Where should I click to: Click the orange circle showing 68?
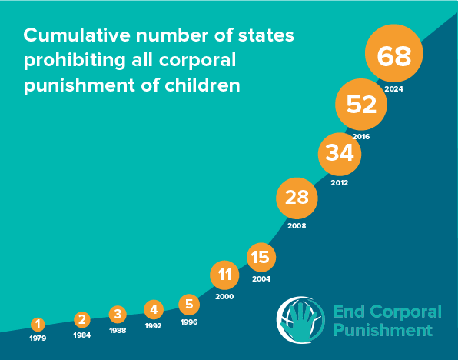(394, 55)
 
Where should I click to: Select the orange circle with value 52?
(361, 105)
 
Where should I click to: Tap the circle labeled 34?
(340, 153)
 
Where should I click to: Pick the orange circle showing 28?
(297, 198)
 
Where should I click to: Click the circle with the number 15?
(261, 257)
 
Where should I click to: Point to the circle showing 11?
(224, 274)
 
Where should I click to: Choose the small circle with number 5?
(189, 304)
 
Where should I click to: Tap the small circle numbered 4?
(154, 309)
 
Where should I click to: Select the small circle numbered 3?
(118, 314)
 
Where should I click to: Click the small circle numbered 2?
(82, 319)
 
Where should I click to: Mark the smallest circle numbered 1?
(37, 325)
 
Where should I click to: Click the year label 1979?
(37, 338)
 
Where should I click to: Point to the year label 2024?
(394, 89)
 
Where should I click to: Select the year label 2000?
(224, 296)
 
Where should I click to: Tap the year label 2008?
(297, 226)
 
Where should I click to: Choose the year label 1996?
(189, 322)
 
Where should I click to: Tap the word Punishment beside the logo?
(382, 331)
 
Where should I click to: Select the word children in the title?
(204, 85)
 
